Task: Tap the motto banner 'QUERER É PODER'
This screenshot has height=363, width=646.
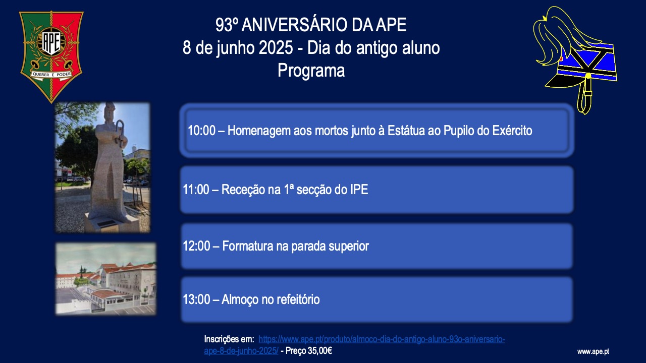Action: point(51,74)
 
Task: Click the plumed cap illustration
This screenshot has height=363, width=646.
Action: point(575,59)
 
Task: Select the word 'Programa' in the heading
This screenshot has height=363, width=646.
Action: point(311,71)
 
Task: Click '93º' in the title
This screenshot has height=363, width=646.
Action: point(225,25)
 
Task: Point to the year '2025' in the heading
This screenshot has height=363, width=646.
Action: point(276,47)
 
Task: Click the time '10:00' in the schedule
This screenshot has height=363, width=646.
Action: point(201,131)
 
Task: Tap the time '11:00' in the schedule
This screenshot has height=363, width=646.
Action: point(196,190)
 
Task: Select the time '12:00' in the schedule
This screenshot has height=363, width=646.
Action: point(196,246)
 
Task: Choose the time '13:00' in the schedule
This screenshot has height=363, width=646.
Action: point(196,299)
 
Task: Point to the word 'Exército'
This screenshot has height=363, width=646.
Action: point(512,130)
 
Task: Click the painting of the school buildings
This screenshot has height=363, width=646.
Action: point(106,279)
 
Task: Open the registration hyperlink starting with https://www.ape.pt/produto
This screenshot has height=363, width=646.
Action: point(354,345)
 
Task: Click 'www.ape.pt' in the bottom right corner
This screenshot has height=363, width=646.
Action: point(593,352)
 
